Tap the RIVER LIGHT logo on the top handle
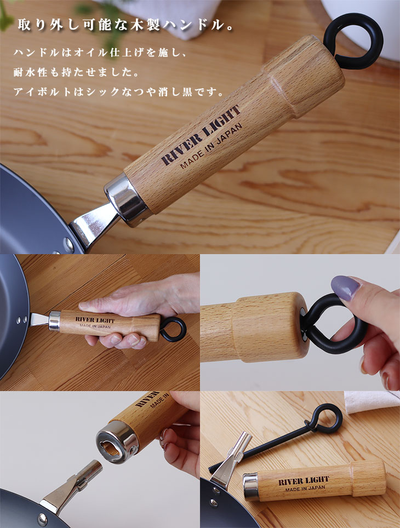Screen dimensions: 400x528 pos(201,135)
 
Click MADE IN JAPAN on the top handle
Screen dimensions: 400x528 pos(212,146)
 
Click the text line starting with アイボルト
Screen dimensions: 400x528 pos(118,91)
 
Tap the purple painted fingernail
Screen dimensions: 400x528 pos(345,288)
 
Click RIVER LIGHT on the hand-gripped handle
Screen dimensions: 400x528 pos(95,319)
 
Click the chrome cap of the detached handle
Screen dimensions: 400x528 pos(251,486)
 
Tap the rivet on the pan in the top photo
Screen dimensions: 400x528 pos(68,245)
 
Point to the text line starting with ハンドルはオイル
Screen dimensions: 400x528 pos(100,53)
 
